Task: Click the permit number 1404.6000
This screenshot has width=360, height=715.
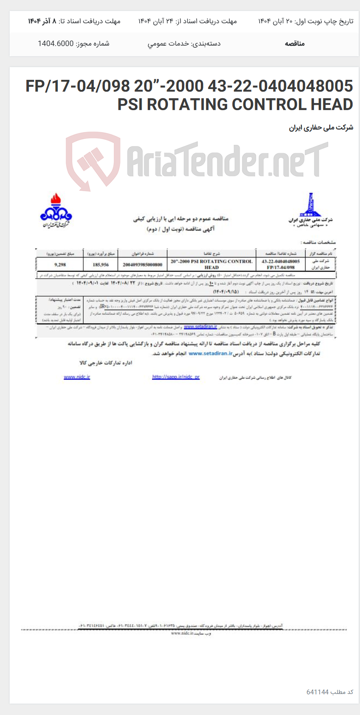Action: click(55, 43)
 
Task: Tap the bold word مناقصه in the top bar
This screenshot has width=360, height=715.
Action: click(295, 43)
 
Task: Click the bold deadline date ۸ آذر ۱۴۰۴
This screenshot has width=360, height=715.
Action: click(43, 21)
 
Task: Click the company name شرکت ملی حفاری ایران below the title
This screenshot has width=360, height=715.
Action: click(321, 128)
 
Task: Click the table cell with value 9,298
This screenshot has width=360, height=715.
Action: click(60, 265)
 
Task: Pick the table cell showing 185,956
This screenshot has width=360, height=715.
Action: click(101, 265)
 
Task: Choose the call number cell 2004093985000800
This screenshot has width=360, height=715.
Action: click(143, 265)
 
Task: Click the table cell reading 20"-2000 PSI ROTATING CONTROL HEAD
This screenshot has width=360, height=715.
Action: click(211, 264)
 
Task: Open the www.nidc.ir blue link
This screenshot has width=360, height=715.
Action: click(77, 377)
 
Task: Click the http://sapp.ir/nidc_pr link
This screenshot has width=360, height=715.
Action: click(176, 377)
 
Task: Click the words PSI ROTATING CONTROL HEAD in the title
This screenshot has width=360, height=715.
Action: click(235, 105)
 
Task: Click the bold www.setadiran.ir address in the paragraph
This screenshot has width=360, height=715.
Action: click(210, 353)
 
